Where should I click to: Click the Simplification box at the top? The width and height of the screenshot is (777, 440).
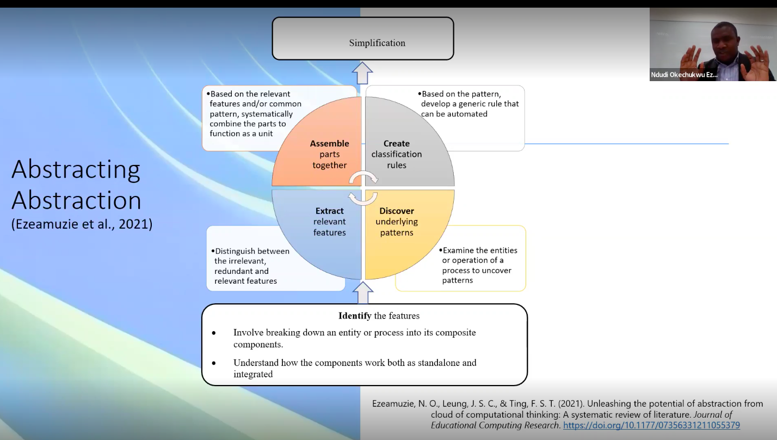(x=363, y=39)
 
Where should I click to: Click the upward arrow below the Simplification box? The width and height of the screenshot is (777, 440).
(x=362, y=72)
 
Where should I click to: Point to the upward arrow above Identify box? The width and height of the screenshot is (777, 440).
(x=363, y=293)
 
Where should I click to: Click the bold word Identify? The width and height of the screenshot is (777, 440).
(x=355, y=316)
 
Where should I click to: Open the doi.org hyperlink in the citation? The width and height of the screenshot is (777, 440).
(x=651, y=425)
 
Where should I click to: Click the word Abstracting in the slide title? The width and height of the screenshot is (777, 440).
(x=76, y=169)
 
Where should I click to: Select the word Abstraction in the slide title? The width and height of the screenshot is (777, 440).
(x=76, y=200)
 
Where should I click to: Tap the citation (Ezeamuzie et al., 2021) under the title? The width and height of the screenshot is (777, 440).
(x=82, y=223)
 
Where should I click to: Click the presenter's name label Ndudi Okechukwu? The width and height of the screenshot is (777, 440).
(x=684, y=75)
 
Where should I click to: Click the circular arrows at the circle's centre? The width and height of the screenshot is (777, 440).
(x=363, y=188)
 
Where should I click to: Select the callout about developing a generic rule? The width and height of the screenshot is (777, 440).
(x=470, y=104)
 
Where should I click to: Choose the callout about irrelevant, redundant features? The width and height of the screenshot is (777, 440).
(x=252, y=266)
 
